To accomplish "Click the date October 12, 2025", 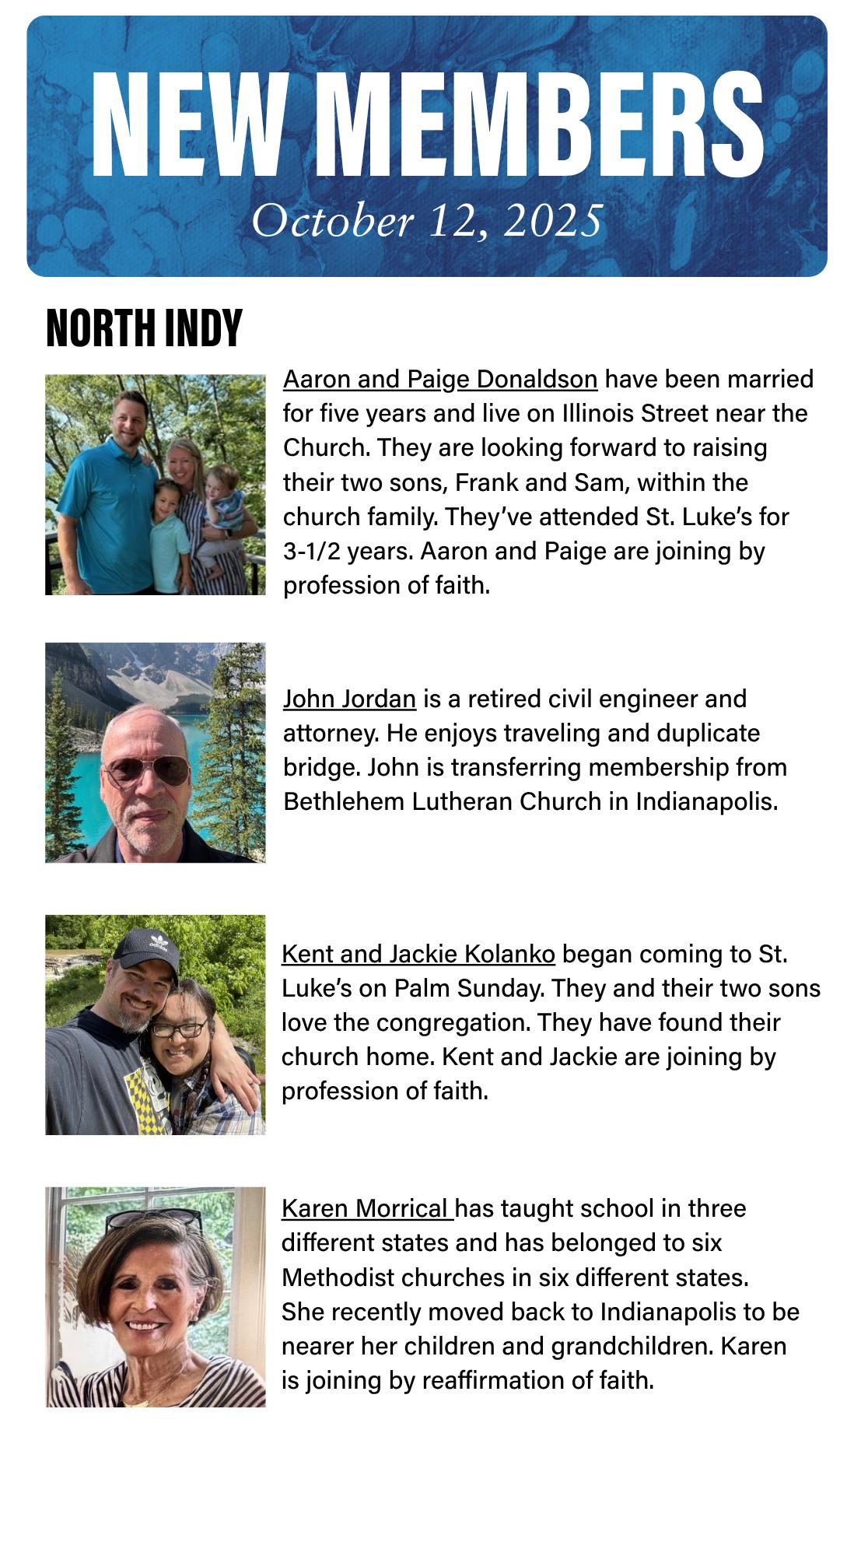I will (427, 221).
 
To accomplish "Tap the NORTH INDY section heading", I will (144, 328).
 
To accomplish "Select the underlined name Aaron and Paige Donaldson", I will (440, 380).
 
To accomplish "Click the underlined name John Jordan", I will (349, 699).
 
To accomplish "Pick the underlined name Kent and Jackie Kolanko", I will (418, 954).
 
